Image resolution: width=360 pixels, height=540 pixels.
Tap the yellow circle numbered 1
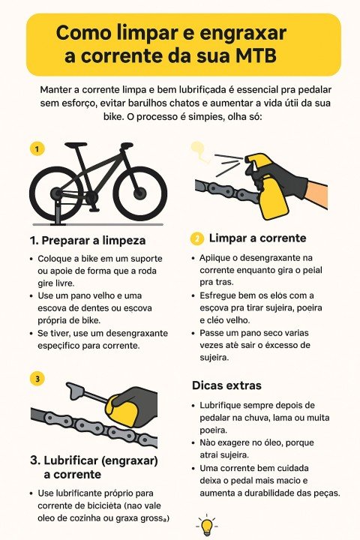click(37, 148)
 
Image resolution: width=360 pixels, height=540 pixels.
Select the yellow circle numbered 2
click(197, 238)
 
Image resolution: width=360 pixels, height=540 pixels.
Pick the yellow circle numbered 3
click(37, 379)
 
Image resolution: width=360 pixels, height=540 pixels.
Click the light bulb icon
click(206, 525)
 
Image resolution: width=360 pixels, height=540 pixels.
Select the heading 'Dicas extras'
click(226, 385)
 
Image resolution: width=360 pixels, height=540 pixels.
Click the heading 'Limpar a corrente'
click(257, 238)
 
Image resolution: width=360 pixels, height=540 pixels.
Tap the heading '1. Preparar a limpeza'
click(88, 241)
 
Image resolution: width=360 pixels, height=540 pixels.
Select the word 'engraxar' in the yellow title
click(243, 33)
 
